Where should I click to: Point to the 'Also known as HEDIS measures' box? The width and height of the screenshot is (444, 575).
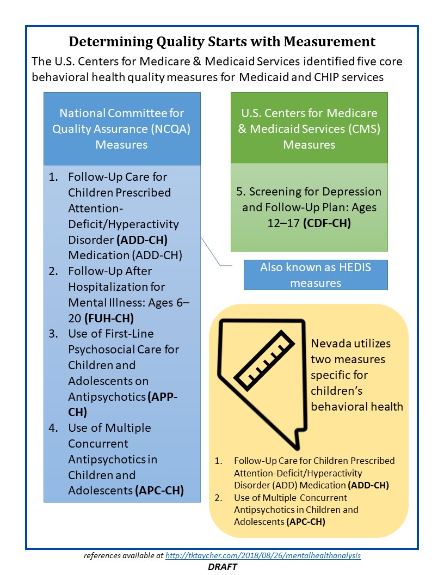click(316, 275)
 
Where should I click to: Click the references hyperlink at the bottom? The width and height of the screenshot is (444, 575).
click(263, 556)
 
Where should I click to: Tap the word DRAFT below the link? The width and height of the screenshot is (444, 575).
click(222, 567)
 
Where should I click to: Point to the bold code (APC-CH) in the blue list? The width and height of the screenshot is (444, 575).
click(158, 490)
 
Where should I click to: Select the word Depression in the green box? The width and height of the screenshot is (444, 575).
click(353, 192)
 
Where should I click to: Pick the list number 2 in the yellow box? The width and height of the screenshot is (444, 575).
click(219, 498)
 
